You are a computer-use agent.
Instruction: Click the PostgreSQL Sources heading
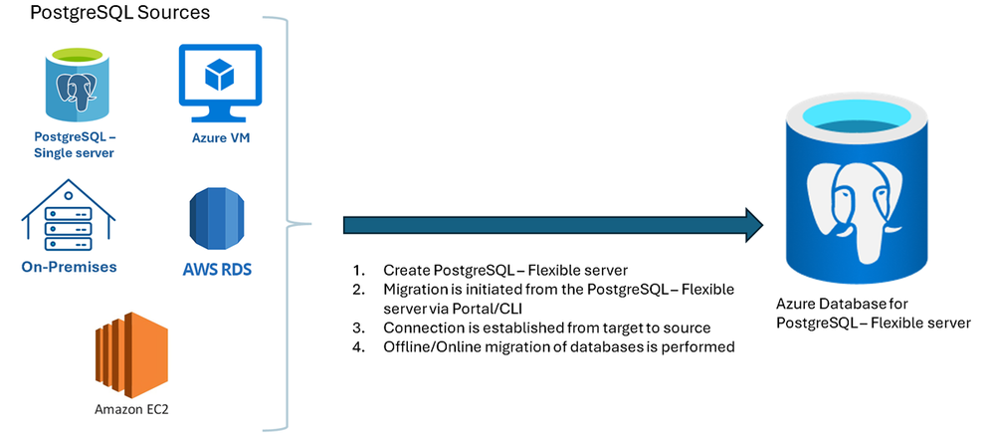pos(119,13)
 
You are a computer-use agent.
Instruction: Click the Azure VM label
pos(220,138)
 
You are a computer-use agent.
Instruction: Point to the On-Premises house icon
pos(69,216)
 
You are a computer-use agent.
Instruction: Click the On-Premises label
pos(69,267)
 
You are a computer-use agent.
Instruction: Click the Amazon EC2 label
pos(125,409)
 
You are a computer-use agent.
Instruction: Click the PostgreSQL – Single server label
pos(75,145)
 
